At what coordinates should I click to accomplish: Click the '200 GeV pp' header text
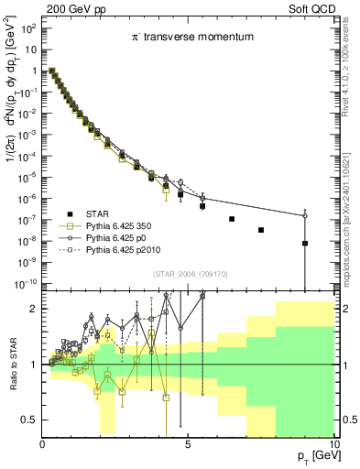coord(34,7)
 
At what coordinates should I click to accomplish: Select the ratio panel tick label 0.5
coord(29,420)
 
